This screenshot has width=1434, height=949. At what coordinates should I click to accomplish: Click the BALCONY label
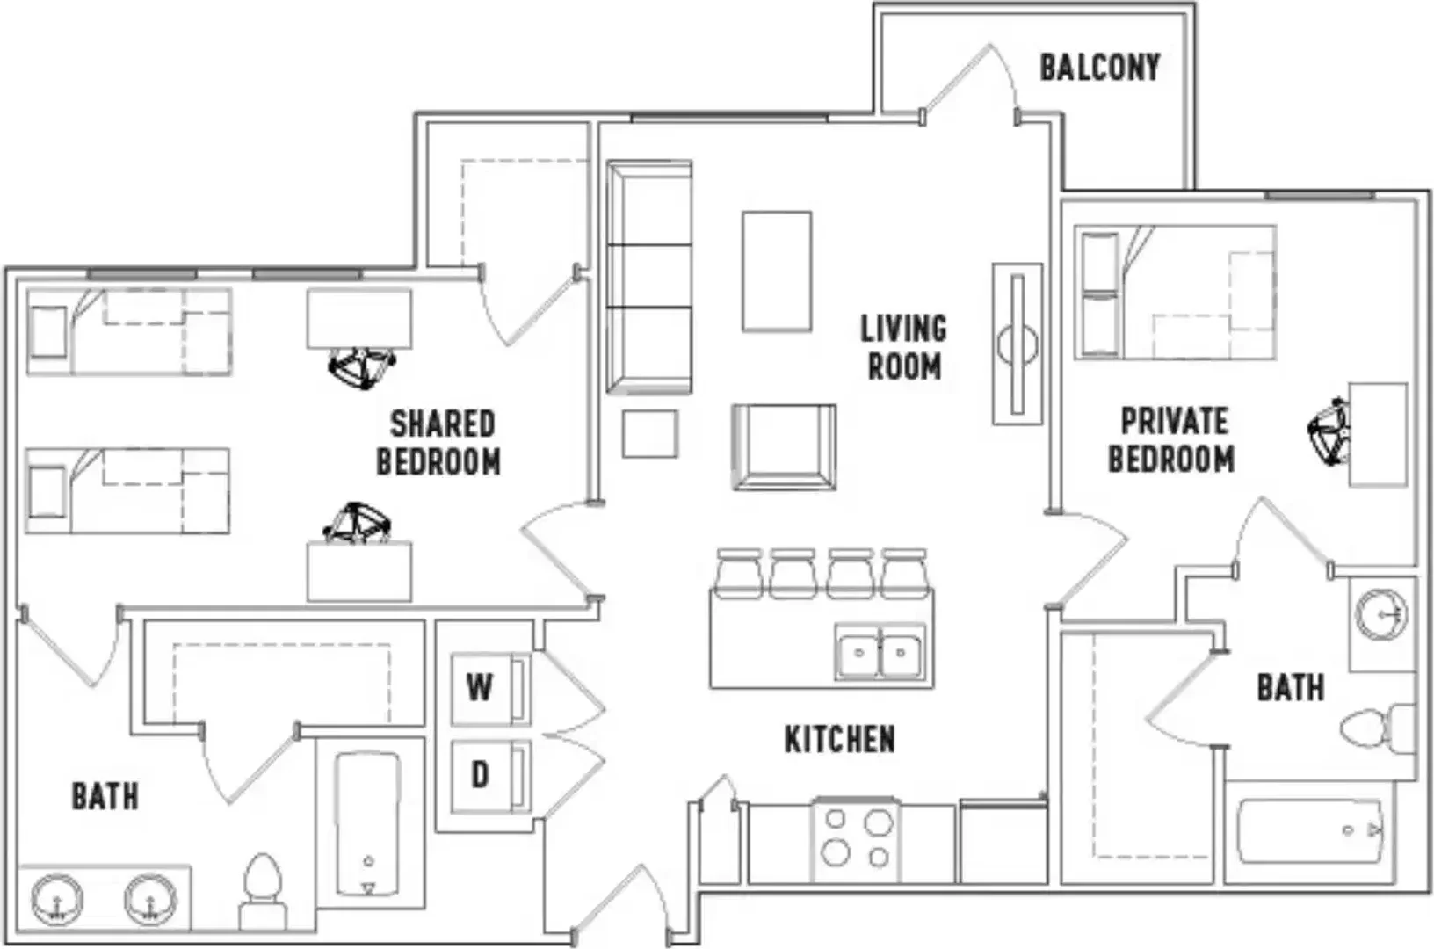tap(1099, 68)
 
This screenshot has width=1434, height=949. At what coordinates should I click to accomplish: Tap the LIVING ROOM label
tap(903, 347)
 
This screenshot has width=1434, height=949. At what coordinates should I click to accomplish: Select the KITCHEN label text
tap(840, 740)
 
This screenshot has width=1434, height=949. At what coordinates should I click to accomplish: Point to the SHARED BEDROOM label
tap(439, 443)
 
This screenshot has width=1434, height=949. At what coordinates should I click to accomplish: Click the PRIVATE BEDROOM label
tap(1172, 440)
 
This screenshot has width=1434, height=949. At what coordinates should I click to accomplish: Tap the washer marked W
tap(490, 688)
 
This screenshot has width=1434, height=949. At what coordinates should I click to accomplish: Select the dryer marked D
tap(490, 776)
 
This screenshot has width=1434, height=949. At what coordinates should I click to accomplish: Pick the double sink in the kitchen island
tap(880, 653)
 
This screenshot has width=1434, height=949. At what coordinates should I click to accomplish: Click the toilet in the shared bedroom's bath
tap(262, 890)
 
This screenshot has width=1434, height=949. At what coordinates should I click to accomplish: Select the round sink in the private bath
tap(1381, 615)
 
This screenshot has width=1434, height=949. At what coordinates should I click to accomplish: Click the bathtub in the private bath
tap(1310, 831)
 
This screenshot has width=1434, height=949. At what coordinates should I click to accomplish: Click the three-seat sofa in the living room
tap(649, 277)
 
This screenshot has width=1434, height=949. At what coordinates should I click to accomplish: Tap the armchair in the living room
tap(784, 447)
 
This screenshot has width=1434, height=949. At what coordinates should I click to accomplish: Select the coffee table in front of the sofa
tap(777, 272)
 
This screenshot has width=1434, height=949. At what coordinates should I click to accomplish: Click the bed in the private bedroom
tap(1176, 292)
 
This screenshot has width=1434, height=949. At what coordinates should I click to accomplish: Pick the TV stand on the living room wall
tap(1018, 344)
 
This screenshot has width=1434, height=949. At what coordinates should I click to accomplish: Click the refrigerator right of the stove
tap(1003, 842)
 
